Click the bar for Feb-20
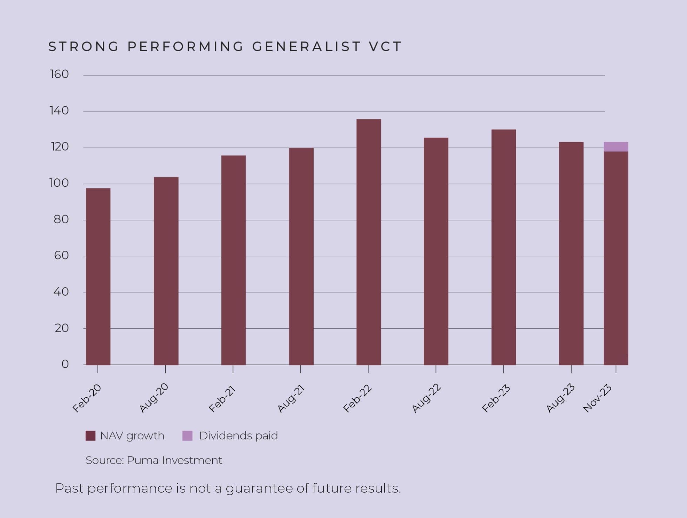(x=98, y=276)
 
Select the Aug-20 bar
(x=166, y=271)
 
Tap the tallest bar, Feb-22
(x=369, y=242)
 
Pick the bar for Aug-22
(x=436, y=251)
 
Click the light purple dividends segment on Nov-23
(x=616, y=147)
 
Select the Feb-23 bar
(x=503, y=247)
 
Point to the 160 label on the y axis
(x=59, y=74)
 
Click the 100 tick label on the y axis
(x=59, y=183)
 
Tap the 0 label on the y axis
(x=65, y=364)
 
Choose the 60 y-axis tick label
(x=61, y=255)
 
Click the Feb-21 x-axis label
(x=222, y=399)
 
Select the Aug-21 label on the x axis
(x=291, y=399)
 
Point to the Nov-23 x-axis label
(x=597, y=398)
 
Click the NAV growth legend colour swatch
(x=91, y=436)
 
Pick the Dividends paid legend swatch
(x=187, y=436)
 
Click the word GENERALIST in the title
(x=307, y=47)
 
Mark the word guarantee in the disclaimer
(x=259, y=489)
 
